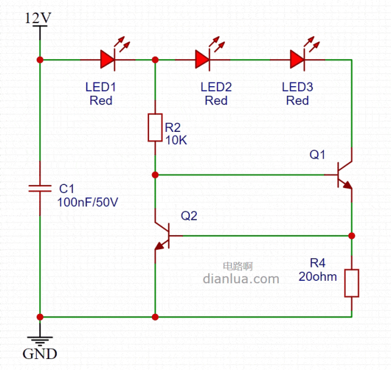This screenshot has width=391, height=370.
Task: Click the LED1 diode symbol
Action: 108,59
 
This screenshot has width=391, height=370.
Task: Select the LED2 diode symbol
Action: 203,59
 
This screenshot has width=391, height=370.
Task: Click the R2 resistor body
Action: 155,128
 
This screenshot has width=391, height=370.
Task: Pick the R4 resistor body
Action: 352,283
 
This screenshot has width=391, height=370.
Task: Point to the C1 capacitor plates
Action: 40,188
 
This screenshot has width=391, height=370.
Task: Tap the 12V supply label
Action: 38,18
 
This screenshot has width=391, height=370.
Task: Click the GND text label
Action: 40,354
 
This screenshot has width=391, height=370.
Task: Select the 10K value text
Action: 176,140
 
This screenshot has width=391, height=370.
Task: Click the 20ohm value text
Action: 318,277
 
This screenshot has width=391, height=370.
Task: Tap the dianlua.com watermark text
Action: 240,279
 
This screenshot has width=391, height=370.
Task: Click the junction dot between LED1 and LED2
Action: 155,59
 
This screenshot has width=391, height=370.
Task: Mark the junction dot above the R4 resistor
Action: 352,235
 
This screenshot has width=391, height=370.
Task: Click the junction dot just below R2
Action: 155,175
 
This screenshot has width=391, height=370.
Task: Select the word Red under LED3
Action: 298,101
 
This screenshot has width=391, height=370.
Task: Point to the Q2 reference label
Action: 189,216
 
